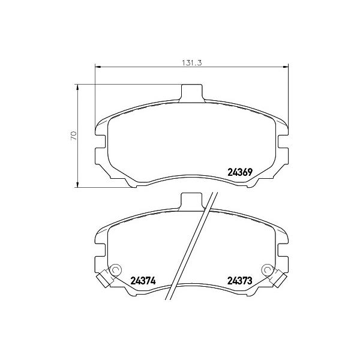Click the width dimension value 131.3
pyautogui.click(x=192, y=62)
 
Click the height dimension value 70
pyautogui.click(x=73, y=136)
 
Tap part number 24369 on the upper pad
pyautogui.click(x=240, y=172)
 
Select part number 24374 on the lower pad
pyautogui.click(x=143, y=281)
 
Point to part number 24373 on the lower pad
pyautogui.click(x=239, y=281)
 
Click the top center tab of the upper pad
pyautogui.click(x=192, y=92)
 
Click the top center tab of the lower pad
pyautogui.click(x=192, y=201)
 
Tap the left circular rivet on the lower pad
pyautogui.click(x=115, y=270)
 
